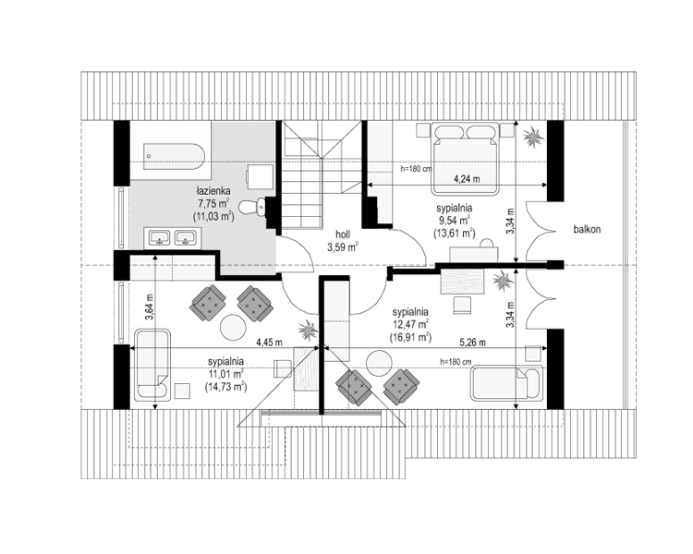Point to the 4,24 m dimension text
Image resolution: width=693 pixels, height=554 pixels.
pyautogui.click(x=468, y=177)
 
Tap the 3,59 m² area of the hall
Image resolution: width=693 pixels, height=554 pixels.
pyautogui.click(x=342, y=247)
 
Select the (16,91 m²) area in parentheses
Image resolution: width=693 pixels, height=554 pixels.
pyautogui.click(x=410, y=339)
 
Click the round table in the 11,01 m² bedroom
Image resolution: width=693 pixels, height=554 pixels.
pyautogui.click(x=232, y=328)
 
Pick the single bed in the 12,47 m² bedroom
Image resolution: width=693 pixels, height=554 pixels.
pyautogui.click(x=505, y=383)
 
